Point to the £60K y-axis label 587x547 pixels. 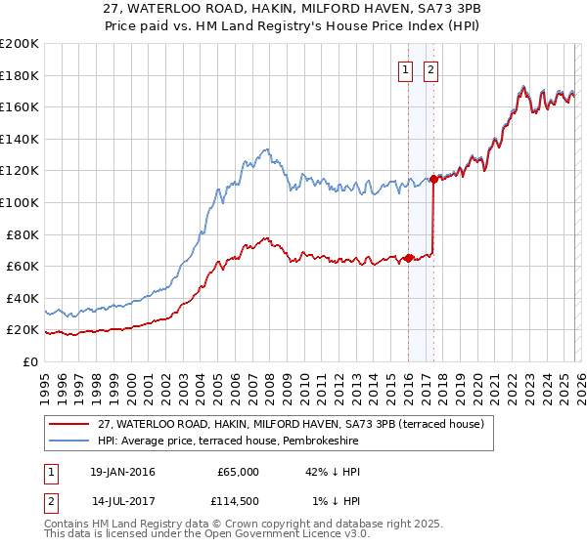[23, 266]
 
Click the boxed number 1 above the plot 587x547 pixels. [405, 69]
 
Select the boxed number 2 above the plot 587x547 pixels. [430, 69]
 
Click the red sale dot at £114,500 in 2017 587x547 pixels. [432, 180]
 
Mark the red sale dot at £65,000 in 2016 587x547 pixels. [408, 258]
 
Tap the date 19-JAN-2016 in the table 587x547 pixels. [122, 472]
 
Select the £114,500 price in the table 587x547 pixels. [238, 501]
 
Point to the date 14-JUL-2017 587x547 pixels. [121, 501]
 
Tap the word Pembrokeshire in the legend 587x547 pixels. [322, 442]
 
